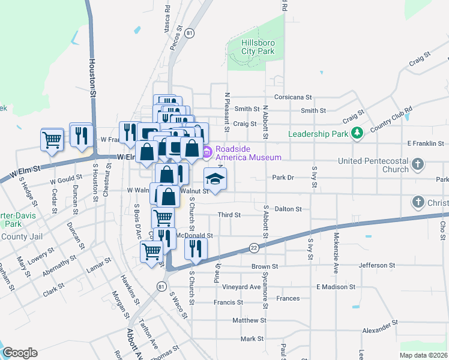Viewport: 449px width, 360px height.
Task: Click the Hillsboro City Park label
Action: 258,47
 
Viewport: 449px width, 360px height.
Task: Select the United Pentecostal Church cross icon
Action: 418,164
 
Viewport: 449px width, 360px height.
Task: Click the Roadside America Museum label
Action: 248,154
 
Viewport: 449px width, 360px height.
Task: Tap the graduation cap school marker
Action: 215,179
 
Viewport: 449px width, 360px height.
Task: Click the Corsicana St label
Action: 294,97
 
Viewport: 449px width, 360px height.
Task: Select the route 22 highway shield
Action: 254,247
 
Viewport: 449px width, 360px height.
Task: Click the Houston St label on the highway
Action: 93,77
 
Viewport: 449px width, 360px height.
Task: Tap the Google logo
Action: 20,353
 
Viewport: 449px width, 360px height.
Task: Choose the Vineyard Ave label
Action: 242,287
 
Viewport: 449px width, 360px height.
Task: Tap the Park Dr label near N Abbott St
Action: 283,178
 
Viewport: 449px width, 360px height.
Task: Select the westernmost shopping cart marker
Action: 52,140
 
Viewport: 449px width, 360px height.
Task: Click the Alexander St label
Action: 377,331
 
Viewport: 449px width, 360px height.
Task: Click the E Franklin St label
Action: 425,144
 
